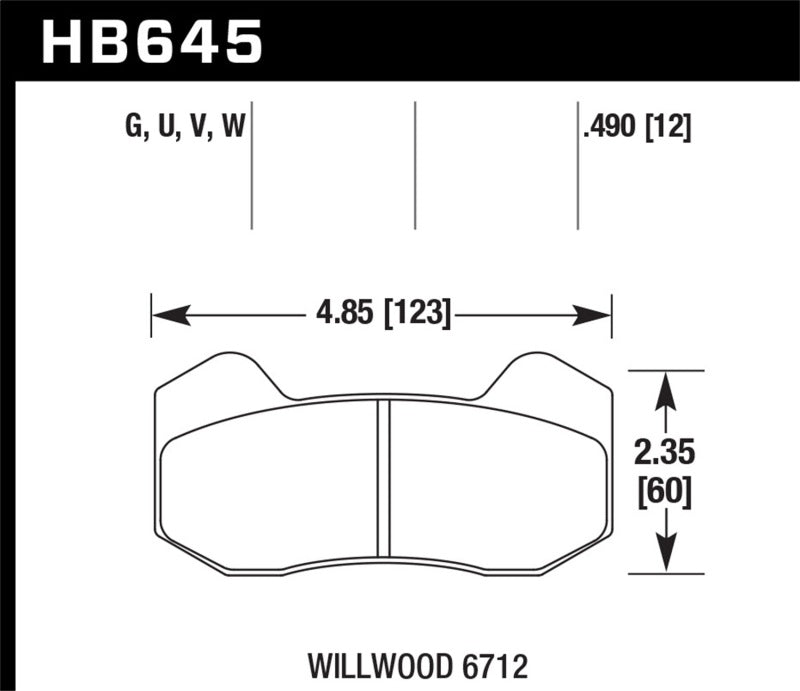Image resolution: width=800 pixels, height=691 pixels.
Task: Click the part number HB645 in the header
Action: (151, 42)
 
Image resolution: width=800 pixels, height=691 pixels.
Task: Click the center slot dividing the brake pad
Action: (382, 477)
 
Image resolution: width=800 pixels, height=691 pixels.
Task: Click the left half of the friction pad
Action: (270, 480)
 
